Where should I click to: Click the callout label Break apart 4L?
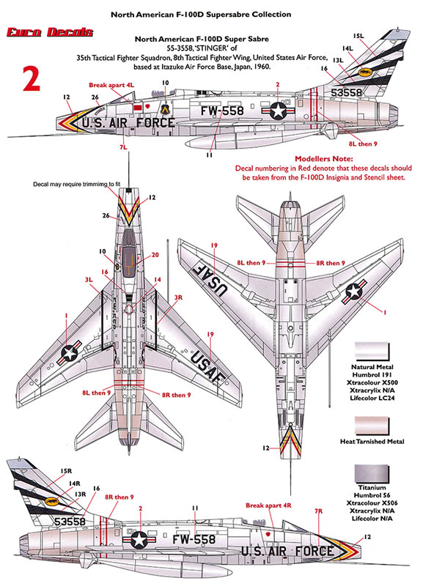coord(111,85)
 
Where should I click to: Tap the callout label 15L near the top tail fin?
coord(358,35)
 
